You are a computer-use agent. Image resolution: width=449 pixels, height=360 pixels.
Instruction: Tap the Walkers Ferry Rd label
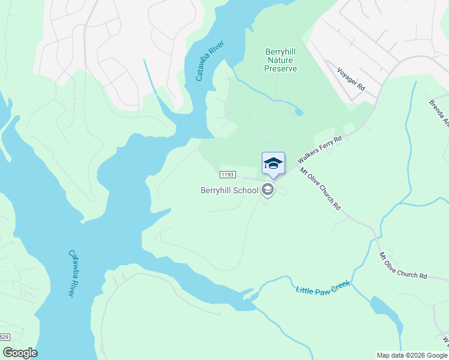[320, 148]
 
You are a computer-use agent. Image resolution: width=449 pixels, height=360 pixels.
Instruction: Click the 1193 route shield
[226, 175]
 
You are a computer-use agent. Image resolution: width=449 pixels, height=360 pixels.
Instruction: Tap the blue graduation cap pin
[273, 164]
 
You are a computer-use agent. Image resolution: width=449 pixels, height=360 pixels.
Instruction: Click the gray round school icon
[267, 191]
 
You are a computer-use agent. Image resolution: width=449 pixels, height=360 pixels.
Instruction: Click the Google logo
[19, 352]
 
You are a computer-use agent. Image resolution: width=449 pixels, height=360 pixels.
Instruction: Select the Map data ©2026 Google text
[412, 355]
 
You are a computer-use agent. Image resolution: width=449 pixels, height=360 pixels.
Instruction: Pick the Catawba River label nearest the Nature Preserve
[206, 63]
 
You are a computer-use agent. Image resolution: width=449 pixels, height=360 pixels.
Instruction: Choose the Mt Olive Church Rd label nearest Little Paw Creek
[402, 266]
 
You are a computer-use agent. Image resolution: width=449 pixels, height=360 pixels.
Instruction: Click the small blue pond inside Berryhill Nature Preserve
[298, 112]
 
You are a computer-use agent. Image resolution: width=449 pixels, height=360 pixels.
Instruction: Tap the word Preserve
[280, 68]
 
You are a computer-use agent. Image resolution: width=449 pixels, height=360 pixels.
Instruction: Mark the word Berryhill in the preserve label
[281, 52]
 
